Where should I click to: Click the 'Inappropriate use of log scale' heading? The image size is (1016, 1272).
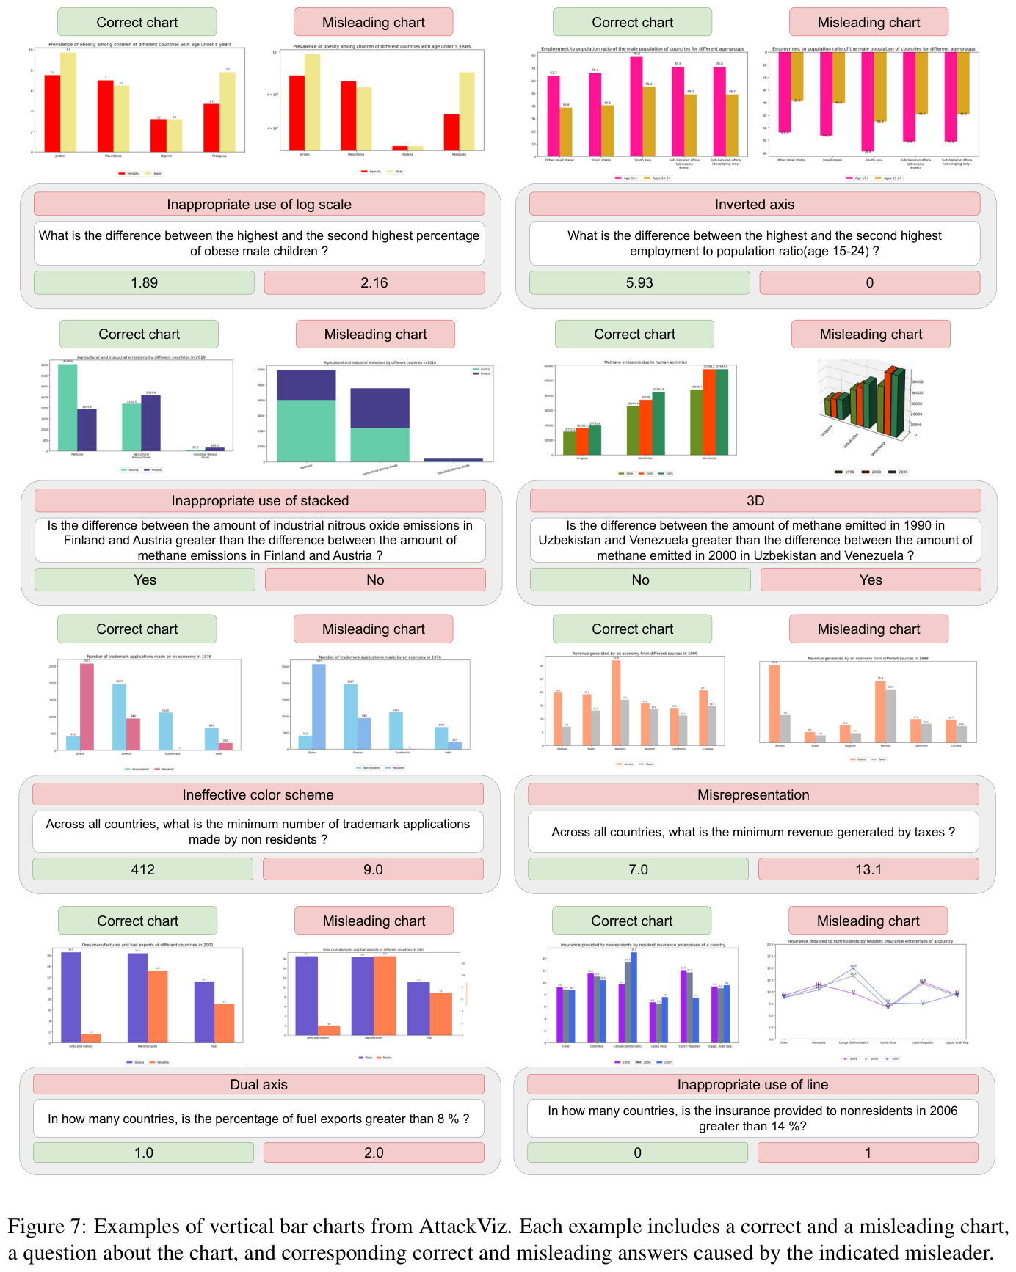click(259, 204)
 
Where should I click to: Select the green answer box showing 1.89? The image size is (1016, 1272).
click(144, 282)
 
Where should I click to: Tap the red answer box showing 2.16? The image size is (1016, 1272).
click(374, 282)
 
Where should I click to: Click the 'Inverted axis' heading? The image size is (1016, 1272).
click(755, 204)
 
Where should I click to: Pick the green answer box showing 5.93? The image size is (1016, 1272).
click(639, 282)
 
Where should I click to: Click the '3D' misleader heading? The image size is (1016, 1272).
click(755, 500)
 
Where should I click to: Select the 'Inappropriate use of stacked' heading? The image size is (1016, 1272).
click(260, 500)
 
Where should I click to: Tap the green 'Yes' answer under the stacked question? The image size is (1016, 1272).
click(145, 580)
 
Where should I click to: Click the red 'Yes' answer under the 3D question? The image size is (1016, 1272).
click(871, 580)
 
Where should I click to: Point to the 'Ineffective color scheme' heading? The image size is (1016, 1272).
click(258, 794)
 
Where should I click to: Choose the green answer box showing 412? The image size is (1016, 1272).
click(142, 869)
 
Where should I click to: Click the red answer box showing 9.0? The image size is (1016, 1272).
click(373, 869)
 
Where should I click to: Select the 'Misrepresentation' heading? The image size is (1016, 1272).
click(753, 794)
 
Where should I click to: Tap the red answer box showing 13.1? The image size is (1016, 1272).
click(868, 869)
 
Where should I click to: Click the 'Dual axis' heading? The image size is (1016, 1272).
click(258, 1084)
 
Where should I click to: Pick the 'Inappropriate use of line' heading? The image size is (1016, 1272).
click(752, 1084)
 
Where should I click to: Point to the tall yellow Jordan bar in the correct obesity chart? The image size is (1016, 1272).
click(68, 102)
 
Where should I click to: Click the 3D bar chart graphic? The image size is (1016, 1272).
click(866, 407)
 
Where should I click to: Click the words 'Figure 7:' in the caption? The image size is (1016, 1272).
click(47, 1226)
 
